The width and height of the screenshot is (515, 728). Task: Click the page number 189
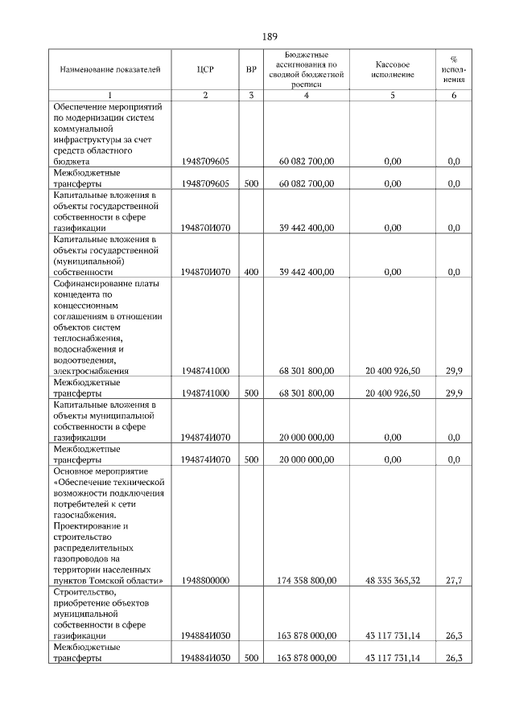point(269,35)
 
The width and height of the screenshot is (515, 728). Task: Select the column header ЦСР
point(205,70)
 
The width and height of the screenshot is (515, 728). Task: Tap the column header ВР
point(251,70)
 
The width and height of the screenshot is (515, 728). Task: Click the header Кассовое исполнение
point(393,70)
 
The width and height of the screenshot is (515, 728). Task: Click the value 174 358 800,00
point(306,579)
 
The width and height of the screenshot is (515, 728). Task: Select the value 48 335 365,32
point(393,579)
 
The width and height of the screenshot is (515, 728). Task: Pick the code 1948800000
point(205,579)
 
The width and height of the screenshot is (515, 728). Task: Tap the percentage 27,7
point(453,579)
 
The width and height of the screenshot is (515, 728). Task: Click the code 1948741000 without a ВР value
point(205,371)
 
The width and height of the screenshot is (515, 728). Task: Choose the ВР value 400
point(251,272)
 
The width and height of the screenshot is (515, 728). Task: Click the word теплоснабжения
point(88,339)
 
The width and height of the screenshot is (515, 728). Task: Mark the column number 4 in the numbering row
point(306,96)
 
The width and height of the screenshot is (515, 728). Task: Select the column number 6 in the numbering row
point(453,96)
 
